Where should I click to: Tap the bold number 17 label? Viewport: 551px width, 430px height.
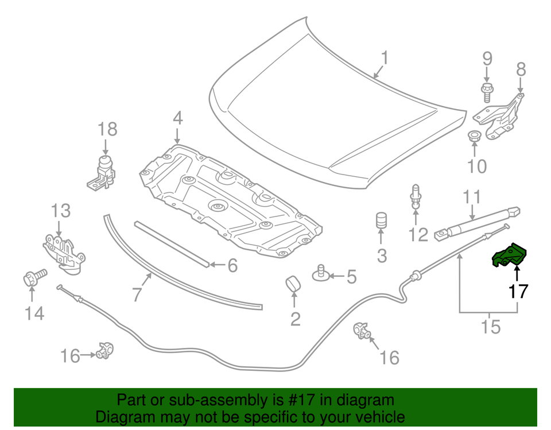518,291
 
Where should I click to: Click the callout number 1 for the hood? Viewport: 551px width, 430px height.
385,58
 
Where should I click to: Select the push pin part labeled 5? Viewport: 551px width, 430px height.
322,274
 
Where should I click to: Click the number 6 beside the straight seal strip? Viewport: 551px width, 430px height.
232,265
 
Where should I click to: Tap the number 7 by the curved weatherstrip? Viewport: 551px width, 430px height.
136,295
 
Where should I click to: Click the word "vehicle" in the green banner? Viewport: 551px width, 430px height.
376,417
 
